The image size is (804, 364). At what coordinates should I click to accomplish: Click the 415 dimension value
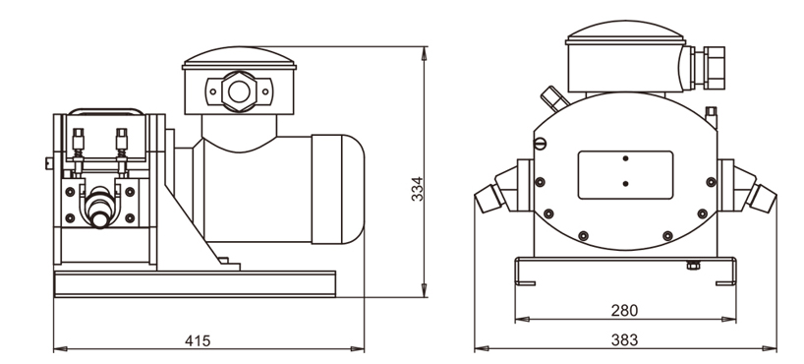point(198,341)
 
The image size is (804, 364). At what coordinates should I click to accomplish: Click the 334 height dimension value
point(418,189)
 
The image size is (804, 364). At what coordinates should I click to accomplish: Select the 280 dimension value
point(624,311)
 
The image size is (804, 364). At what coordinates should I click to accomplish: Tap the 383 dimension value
point(624,339)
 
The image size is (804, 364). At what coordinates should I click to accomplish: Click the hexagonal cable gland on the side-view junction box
point(239,91)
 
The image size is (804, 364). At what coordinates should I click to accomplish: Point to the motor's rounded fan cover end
point(338,189)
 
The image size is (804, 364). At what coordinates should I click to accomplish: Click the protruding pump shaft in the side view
point(99,207)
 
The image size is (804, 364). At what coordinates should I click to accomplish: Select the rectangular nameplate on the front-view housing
point(625,174)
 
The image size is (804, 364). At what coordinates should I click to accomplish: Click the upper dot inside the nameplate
point(625,158)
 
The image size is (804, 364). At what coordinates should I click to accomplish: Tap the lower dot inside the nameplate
point(625,183)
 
